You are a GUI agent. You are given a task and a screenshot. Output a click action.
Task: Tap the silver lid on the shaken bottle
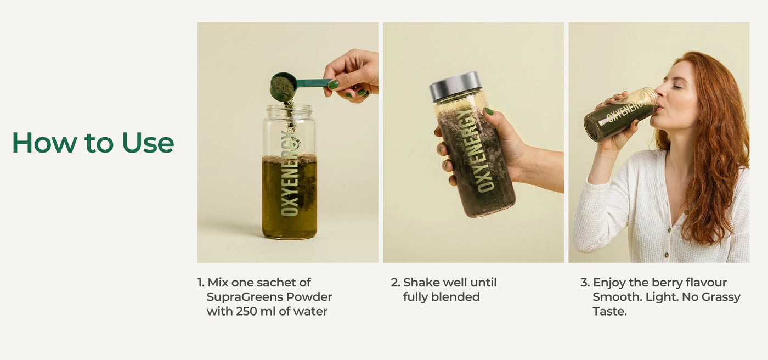pos(456,86)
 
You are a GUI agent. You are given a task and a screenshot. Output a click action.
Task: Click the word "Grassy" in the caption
pos(721,297)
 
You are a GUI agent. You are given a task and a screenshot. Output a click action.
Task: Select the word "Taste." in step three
pos(609,311)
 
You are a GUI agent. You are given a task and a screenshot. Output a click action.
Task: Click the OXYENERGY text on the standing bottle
pos(290,173)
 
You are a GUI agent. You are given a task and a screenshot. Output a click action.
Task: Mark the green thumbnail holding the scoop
pos(333,85)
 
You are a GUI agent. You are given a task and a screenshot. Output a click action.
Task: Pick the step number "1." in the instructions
pos(201,283)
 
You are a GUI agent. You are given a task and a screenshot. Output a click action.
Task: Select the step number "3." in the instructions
pos(585,283)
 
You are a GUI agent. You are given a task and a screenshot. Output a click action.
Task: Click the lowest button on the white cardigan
pos(667,255)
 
